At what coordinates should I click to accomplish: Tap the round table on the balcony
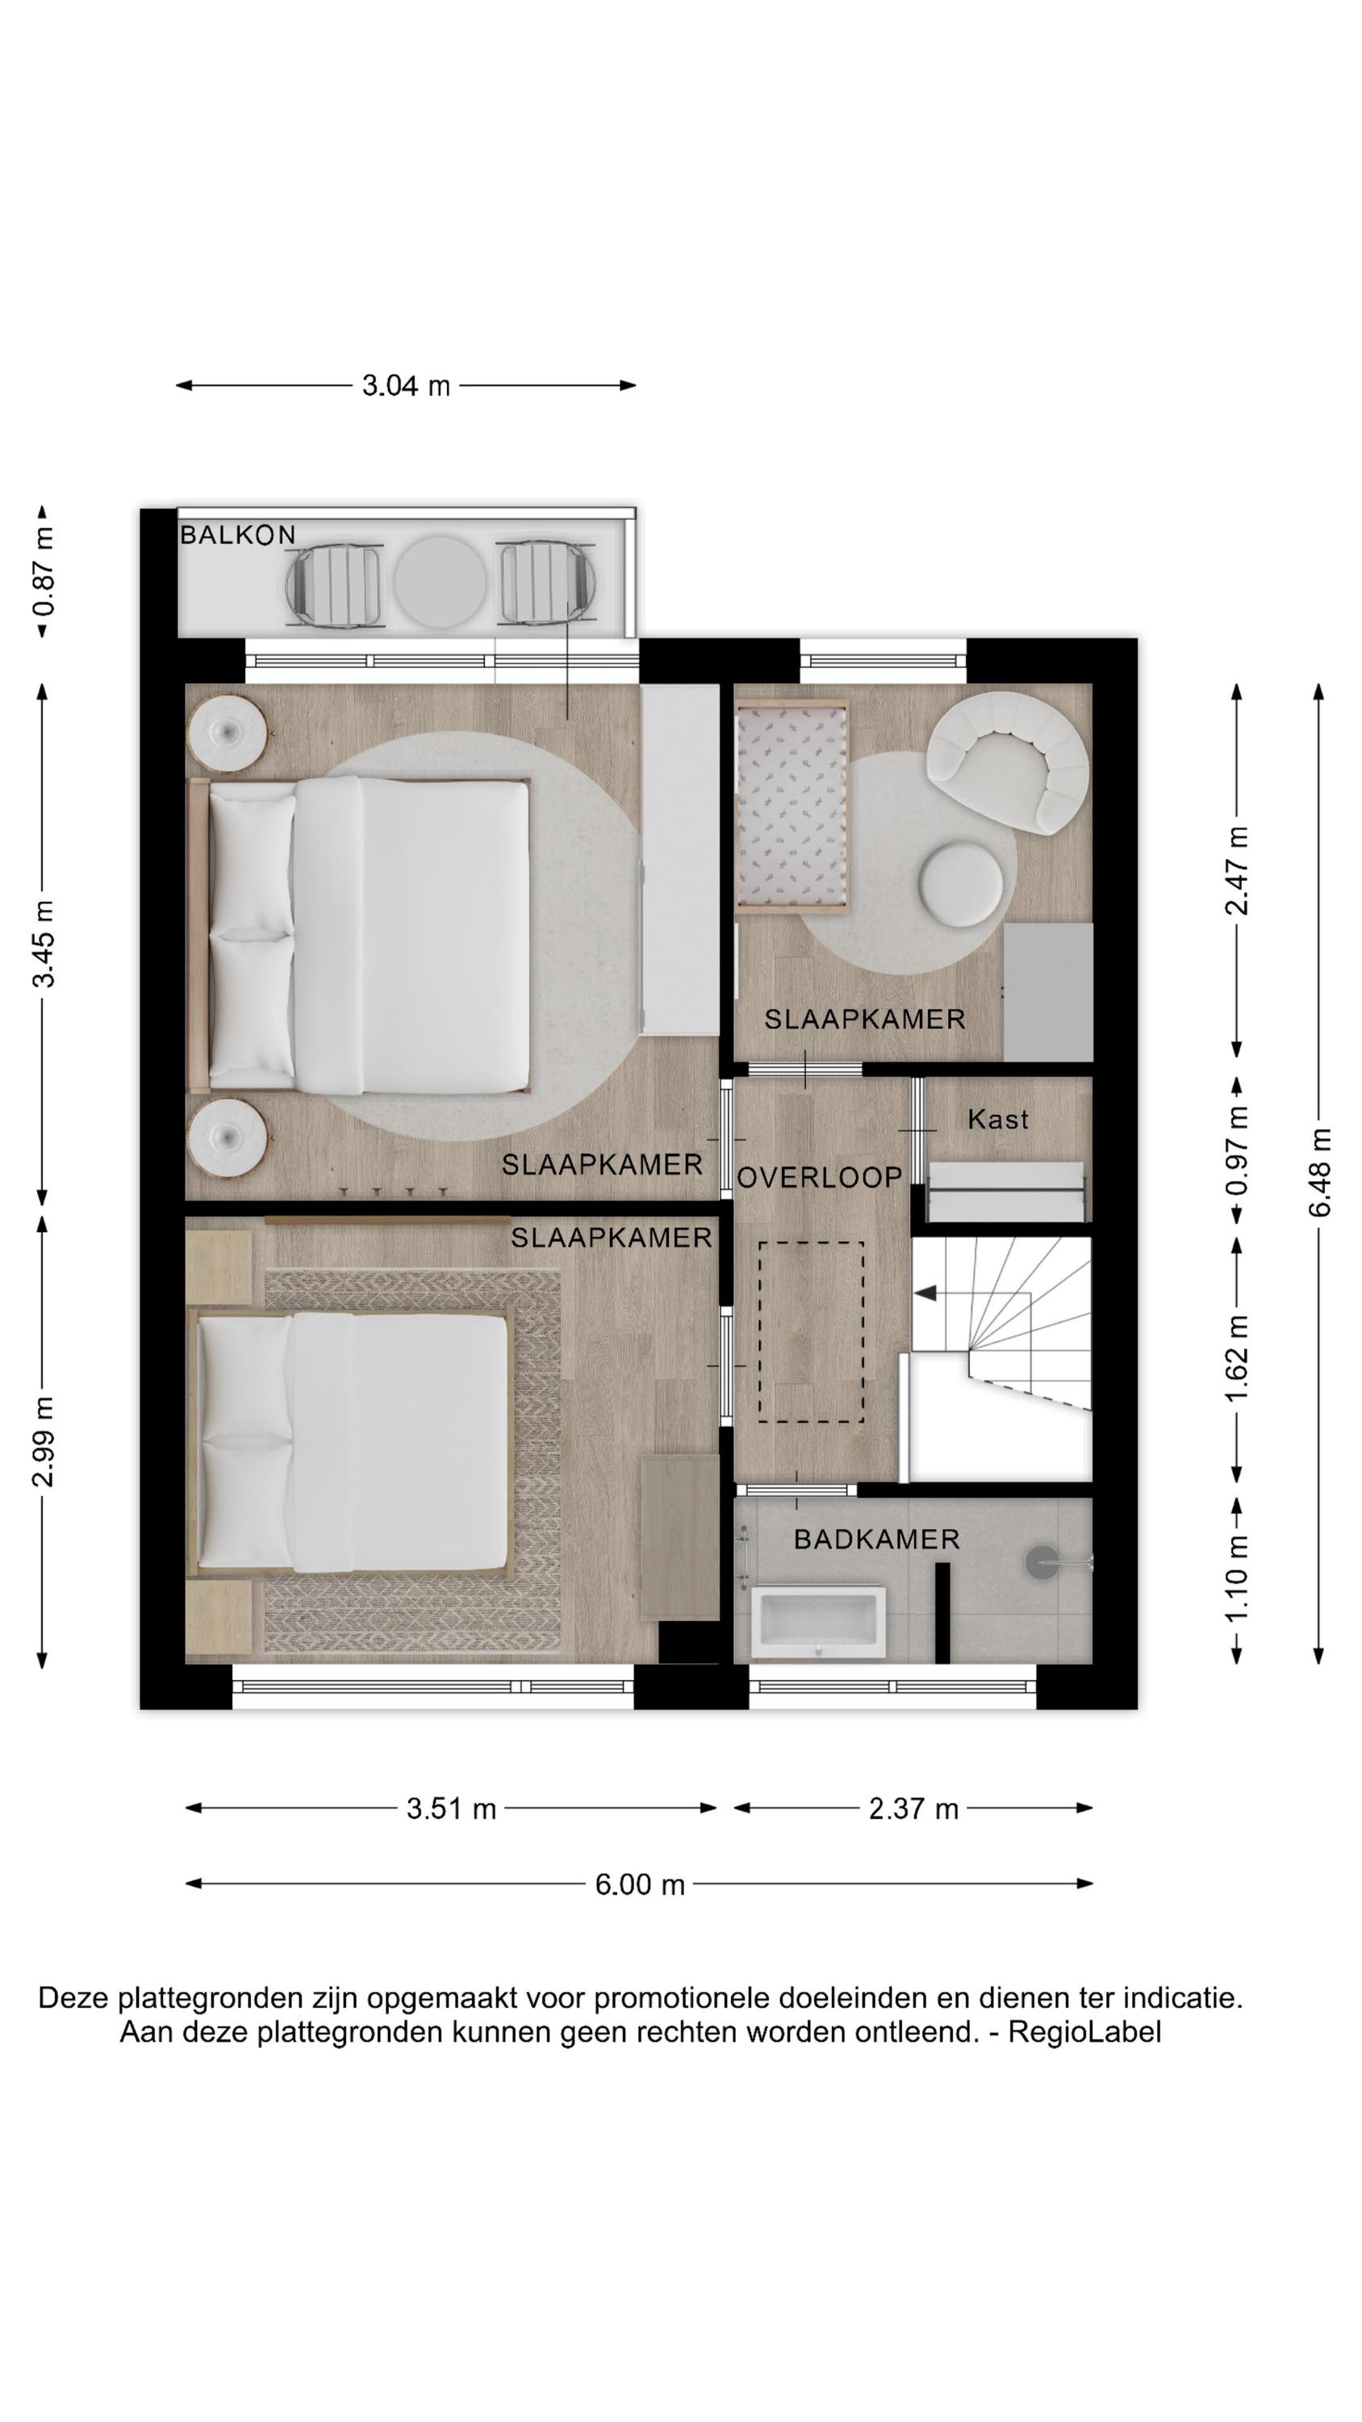pyautogui.click(x=440, y=582)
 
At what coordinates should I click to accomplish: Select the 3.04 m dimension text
pyautogui.click(x=406, y=385)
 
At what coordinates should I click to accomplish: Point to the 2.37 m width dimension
pyautogui.click(x=913, y=1808)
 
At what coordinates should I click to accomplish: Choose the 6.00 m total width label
pyautogui.click(x=639, y=1884)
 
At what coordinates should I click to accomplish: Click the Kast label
pyautogui.click(x=997, y=1119)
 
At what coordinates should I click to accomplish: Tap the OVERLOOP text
pyautogui.click(x=820, y=1177)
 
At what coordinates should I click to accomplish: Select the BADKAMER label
pyautogui.click(x=877, y=1539)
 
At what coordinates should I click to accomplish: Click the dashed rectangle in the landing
pyautogui.click(x=811, y=1331)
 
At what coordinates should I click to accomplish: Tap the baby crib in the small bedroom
pyautogui.click(x=794, y=807)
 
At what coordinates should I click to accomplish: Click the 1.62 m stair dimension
pyautogui.click(x=1237, y=1359)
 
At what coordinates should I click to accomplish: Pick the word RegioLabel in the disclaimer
pyautogui.click(x=1084, y=2032)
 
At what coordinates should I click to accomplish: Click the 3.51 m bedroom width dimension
pyautogui.click(x=451, y=1808)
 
